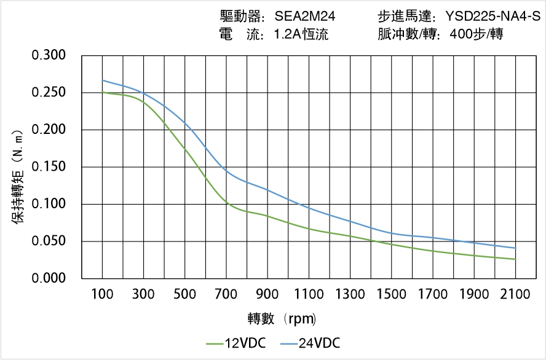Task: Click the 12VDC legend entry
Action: (236, 343)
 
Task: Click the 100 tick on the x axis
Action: (102, 294)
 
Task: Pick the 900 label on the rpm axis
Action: (267, 294)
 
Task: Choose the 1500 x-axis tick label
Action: (391, 294)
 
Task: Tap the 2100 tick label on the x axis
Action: (515, 294)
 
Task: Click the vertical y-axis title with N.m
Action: (18, 175)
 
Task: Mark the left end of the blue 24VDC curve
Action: (102, 80)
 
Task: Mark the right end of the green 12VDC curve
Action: (515, 259)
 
